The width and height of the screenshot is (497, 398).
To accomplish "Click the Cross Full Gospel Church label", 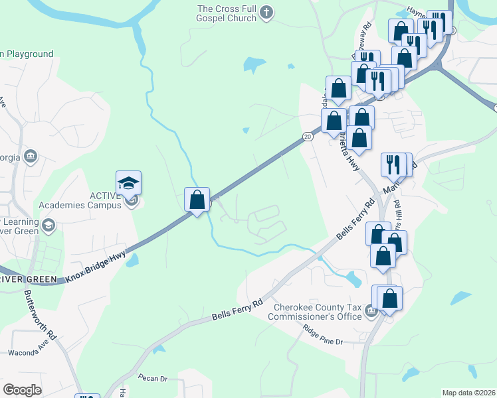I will [x=227, y=13].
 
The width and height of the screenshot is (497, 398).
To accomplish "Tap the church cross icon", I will [x=266, y=12].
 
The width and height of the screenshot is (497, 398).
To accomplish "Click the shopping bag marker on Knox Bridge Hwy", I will [x=197, y=200].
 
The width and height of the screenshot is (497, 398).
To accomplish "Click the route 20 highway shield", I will [x=307, y=137].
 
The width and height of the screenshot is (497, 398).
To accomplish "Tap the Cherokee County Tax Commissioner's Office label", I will [x=315, y=312].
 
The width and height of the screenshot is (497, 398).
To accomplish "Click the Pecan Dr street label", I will [x=153, y=378].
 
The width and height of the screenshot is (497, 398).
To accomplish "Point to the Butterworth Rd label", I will [x=41, y=314].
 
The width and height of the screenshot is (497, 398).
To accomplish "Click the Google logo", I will [x=22, y=390].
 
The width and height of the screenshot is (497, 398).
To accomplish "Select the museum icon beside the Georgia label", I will [x=30, y=156].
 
